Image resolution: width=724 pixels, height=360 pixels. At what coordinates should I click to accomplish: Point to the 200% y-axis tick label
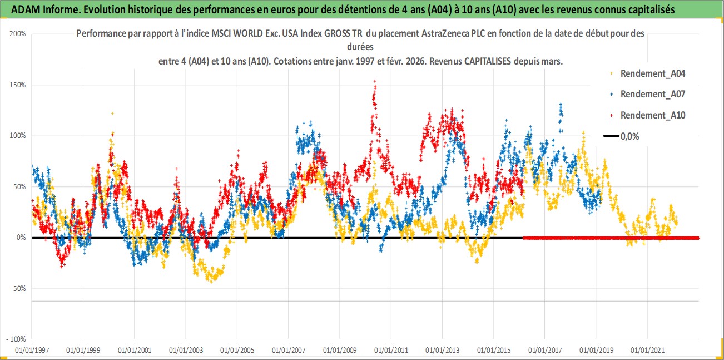(18, 34)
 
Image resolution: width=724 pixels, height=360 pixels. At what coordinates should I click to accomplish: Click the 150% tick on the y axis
(18, 85)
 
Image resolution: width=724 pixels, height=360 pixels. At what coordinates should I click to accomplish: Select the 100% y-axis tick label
(18, 136)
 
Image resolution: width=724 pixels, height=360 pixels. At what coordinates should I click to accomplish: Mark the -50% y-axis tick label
(18, 288)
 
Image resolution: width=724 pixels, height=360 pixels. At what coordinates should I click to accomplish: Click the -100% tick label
(17, 339)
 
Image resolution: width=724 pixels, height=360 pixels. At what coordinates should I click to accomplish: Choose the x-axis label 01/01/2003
(186, 351)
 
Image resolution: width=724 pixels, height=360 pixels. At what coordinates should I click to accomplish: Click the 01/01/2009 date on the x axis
(340, 351)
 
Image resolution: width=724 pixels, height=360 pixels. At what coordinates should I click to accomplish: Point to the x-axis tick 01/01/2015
(494, 351)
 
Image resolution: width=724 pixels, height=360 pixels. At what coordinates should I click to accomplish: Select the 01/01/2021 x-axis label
(647, 351)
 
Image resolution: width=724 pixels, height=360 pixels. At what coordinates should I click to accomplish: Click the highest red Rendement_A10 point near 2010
(375, 81)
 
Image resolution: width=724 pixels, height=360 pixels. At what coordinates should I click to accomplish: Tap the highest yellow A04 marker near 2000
(112, 113)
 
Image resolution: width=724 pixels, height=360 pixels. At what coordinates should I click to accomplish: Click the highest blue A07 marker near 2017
(561, 105)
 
